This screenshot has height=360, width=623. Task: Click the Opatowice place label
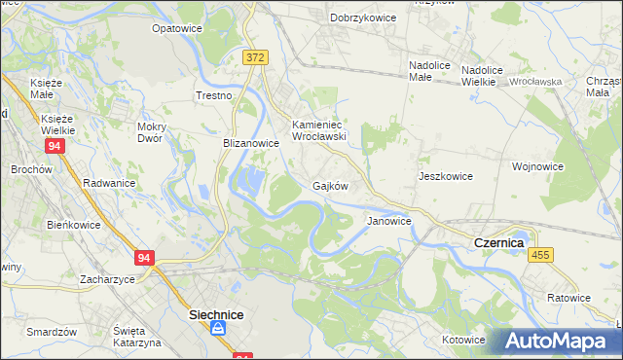pyautogui.click(x=176, y=28)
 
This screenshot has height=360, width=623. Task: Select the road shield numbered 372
pyautogui.click(x=255, y=57)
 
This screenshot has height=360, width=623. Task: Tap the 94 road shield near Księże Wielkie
pyautogui.click(x=55, y=146)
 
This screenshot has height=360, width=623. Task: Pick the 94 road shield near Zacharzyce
pyautogui.click(x=144, y=258)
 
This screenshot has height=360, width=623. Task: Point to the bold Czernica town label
pyautogui.click(x=498, y=241)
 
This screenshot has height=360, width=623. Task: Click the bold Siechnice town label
pyautogui.click(x=215, y=315)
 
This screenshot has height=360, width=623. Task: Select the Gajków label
pyautogui.click(x=330, y=185)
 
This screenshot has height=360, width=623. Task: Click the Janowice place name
pyautogui.click(x=388, y=222)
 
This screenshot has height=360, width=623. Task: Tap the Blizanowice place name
pyautogui.click(x=251, y=142)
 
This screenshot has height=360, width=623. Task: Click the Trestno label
pyautogui.click(x=214, y=95)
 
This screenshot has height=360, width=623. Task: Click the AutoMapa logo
pyautogui.click(x=560, y=342)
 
